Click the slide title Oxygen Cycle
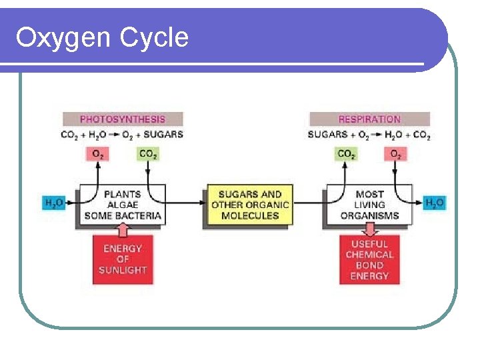click(x=102, y=37)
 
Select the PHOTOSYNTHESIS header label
click(x=122, y=119)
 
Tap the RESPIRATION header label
click(x=369, y=119)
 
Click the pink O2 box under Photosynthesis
click(x=97, y=154)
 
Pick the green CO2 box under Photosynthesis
click(x=147, y=154)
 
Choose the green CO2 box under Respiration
click(x=346, y=154)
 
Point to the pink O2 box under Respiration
click(x=395, y=154)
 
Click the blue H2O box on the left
click(x=54, y=203)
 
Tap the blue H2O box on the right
click(x=434, y=203)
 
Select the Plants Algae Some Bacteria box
click(x=123, y=205)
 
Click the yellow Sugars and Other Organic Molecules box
click(x=250, y=205)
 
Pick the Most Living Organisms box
click(x=369, y=205)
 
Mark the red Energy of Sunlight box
click(x=122, y=259)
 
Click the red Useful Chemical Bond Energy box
click(x=369, y=260)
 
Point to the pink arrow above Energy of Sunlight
click(x=122, y=229)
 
